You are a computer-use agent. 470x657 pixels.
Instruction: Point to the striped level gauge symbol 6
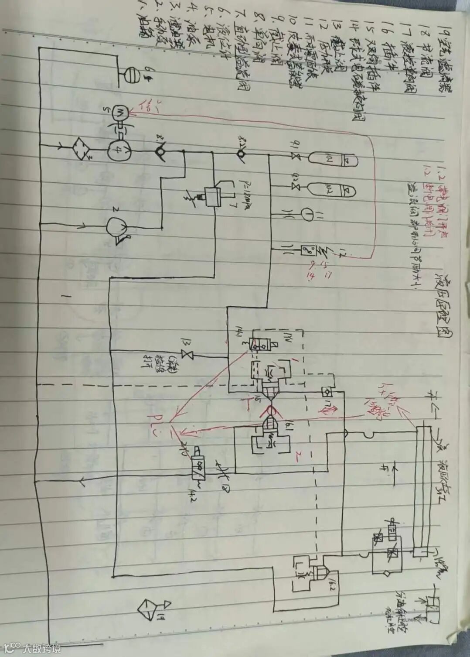(131, 74)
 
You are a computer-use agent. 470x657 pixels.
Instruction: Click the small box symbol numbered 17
(324, 390)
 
